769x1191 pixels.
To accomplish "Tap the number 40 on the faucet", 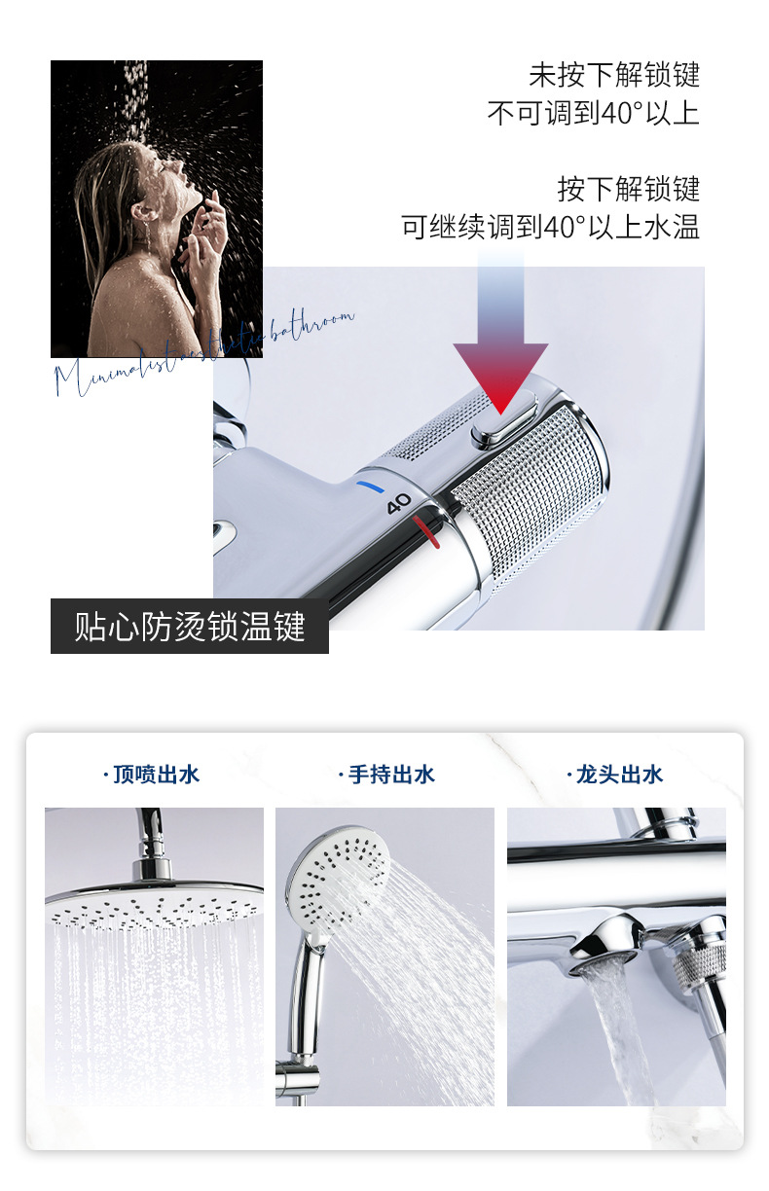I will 399,504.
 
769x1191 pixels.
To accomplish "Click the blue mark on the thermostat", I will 370,483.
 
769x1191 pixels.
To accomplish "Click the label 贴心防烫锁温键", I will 190,626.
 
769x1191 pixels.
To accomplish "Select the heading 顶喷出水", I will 152,775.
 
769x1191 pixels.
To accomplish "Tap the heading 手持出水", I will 386,775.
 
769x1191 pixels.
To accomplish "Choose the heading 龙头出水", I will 614,775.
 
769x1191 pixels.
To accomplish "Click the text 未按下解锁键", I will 614,75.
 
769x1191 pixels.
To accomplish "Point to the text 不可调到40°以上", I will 593,114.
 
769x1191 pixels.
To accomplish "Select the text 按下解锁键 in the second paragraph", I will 628,188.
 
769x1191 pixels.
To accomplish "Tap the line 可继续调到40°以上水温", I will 550,227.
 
